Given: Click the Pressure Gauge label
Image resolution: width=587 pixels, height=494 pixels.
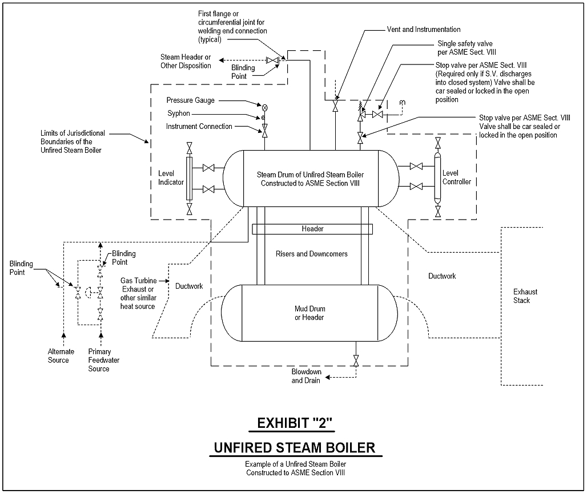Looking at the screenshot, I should tap(191, 100).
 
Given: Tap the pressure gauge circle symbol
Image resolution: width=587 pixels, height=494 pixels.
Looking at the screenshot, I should tap(264, 107).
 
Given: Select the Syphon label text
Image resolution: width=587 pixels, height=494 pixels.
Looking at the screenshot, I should tap(179, 114).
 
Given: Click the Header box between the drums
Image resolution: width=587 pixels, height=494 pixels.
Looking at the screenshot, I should tap(312, 229).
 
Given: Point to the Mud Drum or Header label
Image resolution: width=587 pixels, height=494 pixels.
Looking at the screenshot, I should tap(309, 313).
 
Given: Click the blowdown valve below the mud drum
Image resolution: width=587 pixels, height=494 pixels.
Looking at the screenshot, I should tap(356, 361).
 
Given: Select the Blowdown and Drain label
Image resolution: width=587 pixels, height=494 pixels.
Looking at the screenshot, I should tap(307, 376).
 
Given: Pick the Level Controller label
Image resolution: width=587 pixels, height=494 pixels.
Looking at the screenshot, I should tap(457, 177).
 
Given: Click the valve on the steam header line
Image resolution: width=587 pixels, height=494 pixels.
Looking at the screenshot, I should tap(273, 60).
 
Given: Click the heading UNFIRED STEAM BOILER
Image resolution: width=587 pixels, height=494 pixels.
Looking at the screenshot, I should tap(295, 447).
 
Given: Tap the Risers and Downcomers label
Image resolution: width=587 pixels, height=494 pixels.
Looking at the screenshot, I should tap(311, 254).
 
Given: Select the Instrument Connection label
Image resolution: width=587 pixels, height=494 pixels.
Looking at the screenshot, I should tap(199, 126).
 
